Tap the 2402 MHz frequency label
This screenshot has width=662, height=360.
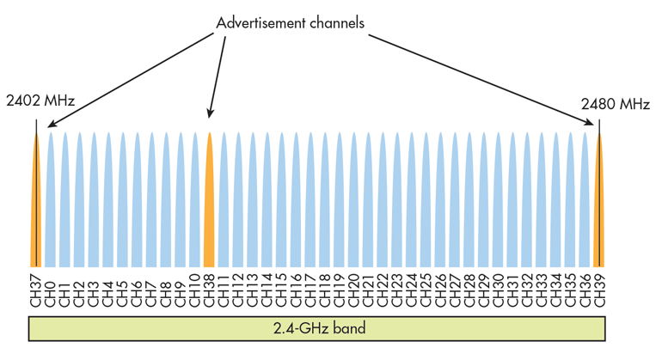pos(40,101)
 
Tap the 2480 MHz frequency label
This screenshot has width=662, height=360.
pos(615,104)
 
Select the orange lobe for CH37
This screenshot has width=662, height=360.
pos(36,206)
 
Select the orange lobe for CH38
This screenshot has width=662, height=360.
pos(209,206)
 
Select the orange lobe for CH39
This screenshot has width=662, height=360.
pos(599,206)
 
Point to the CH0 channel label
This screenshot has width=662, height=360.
pos(50,288)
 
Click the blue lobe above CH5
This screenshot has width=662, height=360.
pos(122,206)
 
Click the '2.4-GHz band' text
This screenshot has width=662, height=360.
pos(319,328)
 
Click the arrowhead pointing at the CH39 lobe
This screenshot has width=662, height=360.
pos(593,125)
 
